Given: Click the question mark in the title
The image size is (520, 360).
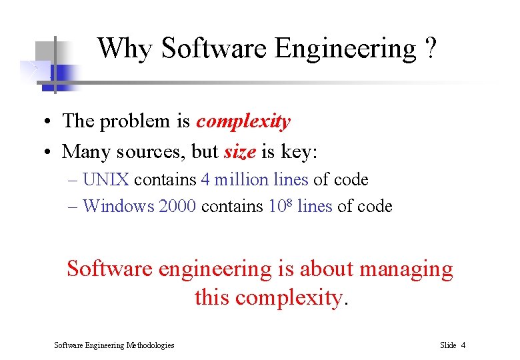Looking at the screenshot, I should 430,49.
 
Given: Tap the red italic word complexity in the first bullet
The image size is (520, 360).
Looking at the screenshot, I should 243,122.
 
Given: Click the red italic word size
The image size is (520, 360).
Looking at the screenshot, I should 240,152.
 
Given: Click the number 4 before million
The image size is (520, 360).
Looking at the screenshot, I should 206,180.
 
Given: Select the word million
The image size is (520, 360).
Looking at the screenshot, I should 241,180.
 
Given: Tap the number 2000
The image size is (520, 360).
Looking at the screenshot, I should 177,207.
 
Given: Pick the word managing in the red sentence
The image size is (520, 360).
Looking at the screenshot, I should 406,269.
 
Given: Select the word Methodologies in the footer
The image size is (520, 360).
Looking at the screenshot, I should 149,345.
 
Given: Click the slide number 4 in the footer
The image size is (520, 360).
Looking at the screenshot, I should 463,345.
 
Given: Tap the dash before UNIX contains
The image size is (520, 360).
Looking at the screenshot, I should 73,180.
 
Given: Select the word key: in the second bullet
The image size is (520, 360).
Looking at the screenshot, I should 299,153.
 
